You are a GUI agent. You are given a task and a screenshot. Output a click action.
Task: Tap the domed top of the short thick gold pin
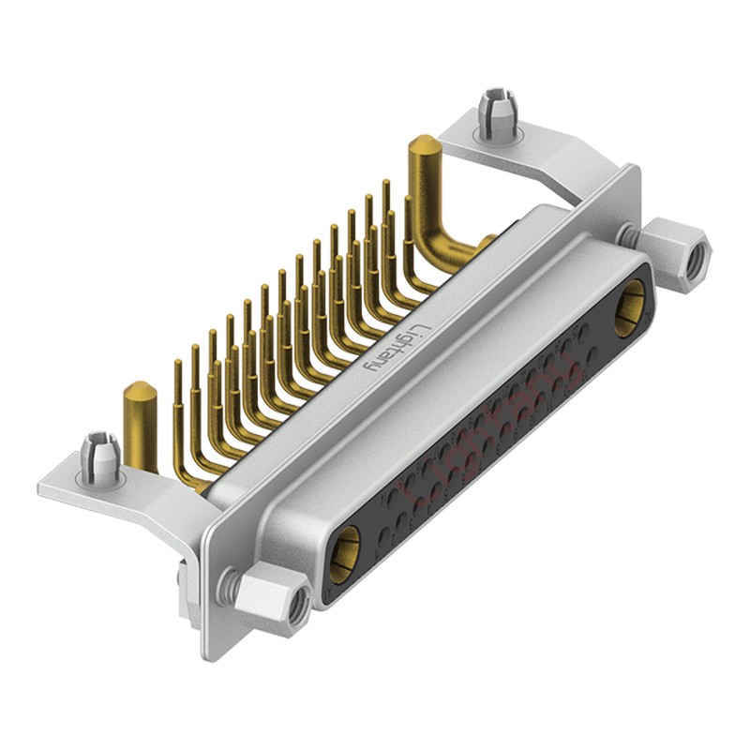pos(139,389)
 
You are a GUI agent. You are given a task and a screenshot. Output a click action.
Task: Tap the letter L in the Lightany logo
pos(422,328)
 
